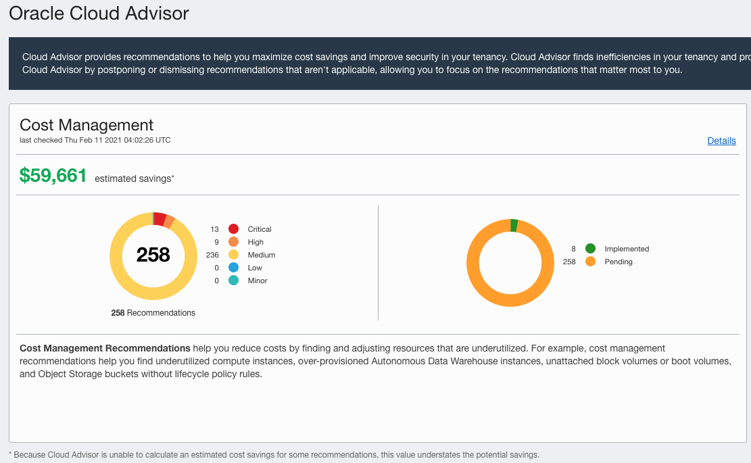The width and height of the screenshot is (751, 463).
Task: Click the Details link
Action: click(721, 141)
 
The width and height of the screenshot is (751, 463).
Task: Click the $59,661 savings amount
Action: click(53, 176)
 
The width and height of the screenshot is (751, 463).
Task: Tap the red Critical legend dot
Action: click(234, 229)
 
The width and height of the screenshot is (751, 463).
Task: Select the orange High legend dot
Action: click(234, 242)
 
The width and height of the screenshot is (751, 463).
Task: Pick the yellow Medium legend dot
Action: click(234, 255)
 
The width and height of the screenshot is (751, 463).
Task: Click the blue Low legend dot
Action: click(234, 268)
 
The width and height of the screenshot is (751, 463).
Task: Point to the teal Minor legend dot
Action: click(234, 281)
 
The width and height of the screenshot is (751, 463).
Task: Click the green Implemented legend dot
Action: click(591, 249)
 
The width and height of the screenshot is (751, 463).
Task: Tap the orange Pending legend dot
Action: click(591, 262)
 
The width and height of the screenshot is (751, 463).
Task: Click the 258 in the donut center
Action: click(153, 255)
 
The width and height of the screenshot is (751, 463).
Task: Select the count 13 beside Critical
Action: click(215, 229)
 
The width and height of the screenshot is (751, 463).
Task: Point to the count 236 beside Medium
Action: click(212, 255)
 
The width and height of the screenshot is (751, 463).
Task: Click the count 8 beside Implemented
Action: click(573, 249)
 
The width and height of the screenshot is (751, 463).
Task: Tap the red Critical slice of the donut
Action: click(160, 218)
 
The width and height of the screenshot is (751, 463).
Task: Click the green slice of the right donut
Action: click(514, 225)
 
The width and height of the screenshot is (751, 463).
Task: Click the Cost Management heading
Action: click(87, 125)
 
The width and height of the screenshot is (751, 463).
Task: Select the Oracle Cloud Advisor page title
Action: click(99, 13)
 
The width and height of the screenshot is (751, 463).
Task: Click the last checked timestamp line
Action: click(95, 140)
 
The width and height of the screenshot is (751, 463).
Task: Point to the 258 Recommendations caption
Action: click(153, 313)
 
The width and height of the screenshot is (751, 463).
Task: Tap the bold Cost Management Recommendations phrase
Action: click(105, 348)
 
